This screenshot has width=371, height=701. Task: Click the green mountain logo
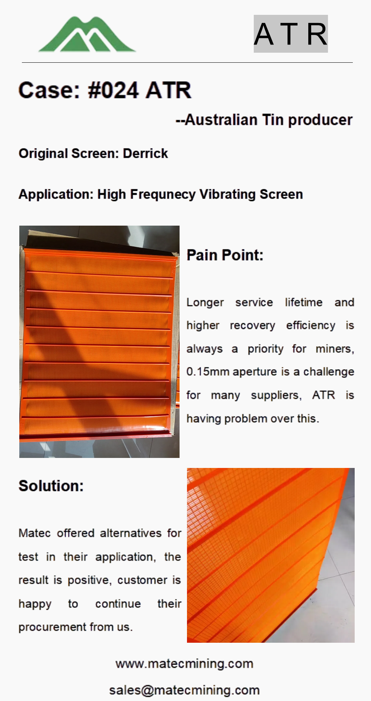(x=87, y=34)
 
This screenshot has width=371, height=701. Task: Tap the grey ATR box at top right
(x=291, y=34)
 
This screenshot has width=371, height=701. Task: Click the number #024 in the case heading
(x=113, y=90)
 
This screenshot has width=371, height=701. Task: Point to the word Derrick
(x=145, y=153)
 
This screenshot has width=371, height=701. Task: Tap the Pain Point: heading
(x=225, y=255)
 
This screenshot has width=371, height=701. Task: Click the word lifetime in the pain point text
(x=303, y=302)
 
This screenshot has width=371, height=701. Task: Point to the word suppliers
(x=276, y=395)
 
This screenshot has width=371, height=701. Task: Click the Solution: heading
(x=51, y=486)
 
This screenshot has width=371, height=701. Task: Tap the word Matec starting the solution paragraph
(x=35, y=533)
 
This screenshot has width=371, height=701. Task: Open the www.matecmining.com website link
(x=184, y=664)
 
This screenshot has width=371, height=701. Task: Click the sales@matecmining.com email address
(x=184, y=690)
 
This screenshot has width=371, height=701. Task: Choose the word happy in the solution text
(x=35, y=604)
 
